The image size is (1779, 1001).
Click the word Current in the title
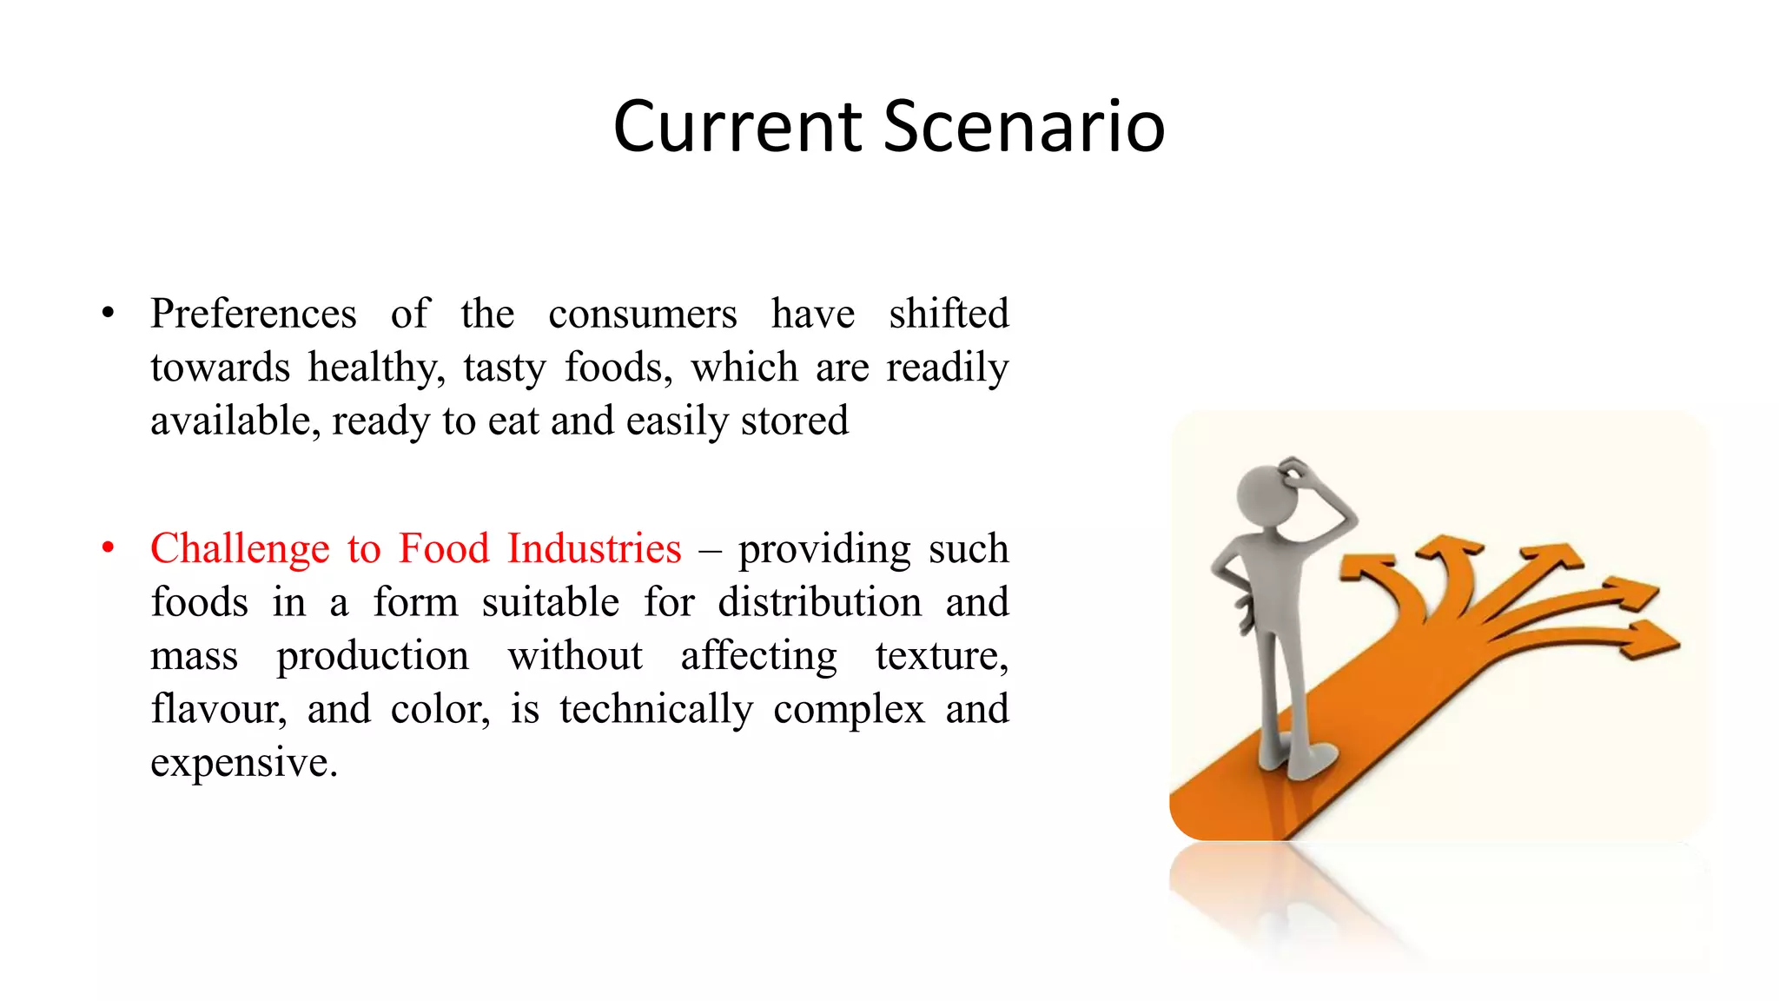click(x=737, y=126)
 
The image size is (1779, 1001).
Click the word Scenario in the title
click(x=1024, y=126)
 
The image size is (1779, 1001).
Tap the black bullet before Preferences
click(x=108, y=314)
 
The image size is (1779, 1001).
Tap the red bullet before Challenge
click(x=108, y=548)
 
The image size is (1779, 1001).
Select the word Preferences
click(x=253, y=314)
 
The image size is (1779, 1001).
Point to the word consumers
click(x=642, y=314)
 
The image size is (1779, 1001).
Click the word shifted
click(x=948, y=314)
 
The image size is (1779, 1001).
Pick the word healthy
click(x=375, y=368)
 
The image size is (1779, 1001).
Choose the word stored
click(x=794, y=421)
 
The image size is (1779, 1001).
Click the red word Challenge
click(x=240, y=548)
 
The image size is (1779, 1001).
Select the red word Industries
click(x=594, y=548)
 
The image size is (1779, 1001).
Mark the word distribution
click(x=819, y=602)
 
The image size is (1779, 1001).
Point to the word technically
click(x=656, y=710)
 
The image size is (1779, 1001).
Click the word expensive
click(x=243, y=763)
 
